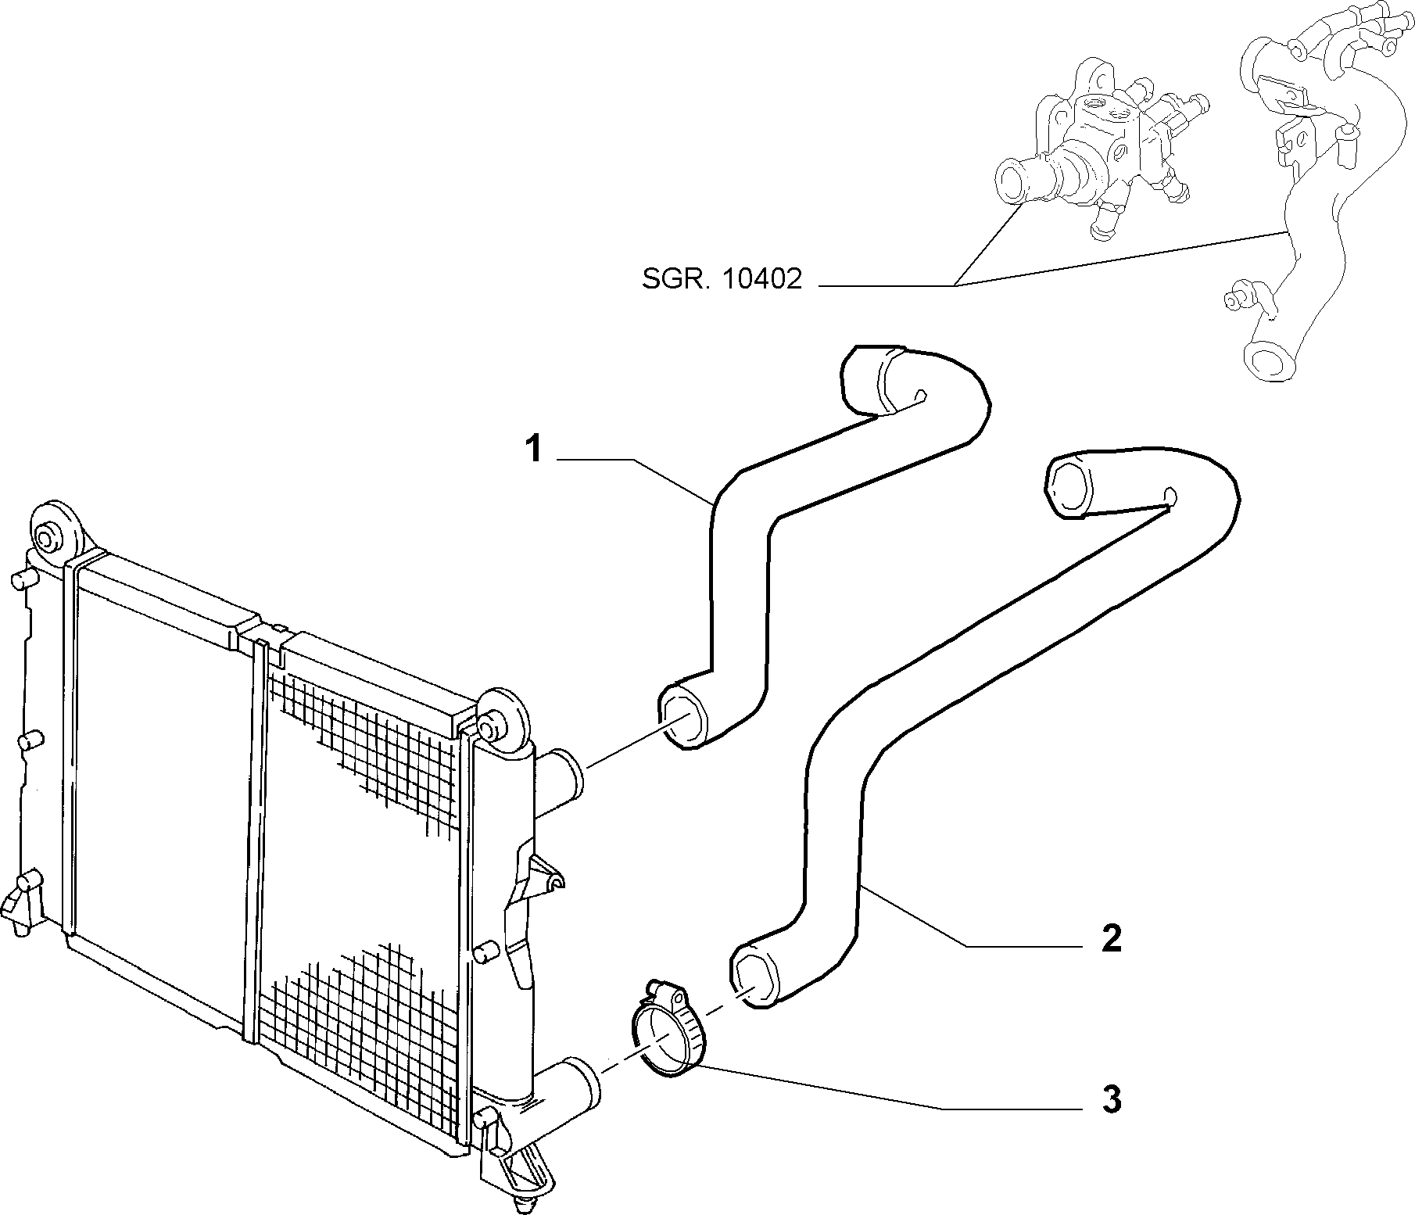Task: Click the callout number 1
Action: point(534,450)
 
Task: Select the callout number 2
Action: point(1111,938)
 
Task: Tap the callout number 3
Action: point(1111,1100)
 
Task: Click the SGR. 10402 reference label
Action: point(722,279)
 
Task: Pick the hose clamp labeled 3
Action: point(665,1033)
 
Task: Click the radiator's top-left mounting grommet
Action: point(56,532)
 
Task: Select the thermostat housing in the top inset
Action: point(1102,149)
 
